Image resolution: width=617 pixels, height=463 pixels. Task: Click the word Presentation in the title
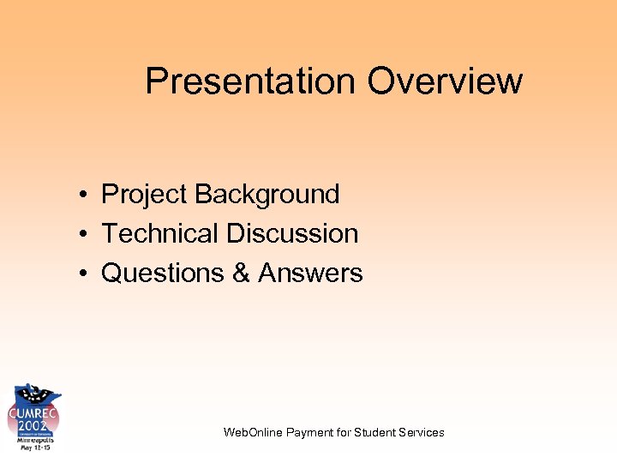(x=251, y=81)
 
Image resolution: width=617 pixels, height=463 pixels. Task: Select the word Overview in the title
(x=445, y=81)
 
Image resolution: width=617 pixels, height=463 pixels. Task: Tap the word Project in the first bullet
(x=144, y=195)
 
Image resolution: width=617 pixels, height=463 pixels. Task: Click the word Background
(x=267, y=195)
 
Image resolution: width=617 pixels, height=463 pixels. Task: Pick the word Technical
(x=160, y=233)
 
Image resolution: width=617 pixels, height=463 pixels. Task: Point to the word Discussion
(x=292, y=233)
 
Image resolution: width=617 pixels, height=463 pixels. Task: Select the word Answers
(x=310, y=274)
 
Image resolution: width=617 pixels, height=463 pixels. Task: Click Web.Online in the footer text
(x=254, y=432)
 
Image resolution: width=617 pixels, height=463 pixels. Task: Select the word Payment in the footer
(x=311, y=432)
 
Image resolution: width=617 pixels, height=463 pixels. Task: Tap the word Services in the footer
(x=422, y=432)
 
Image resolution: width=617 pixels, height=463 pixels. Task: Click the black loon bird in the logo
(x=34, y=395)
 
